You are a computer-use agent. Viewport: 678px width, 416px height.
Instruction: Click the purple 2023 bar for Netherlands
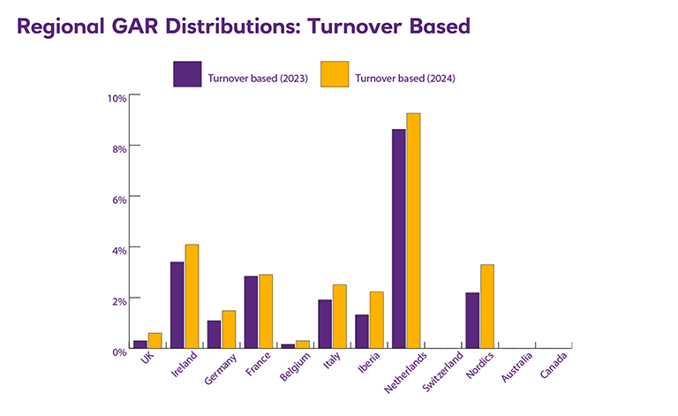399,238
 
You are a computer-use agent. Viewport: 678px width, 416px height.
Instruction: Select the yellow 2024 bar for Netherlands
413,231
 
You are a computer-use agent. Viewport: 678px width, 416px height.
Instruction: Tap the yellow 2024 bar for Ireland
192,296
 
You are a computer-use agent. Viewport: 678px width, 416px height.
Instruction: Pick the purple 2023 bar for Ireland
177,305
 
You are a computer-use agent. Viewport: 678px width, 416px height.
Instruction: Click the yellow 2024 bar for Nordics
487,306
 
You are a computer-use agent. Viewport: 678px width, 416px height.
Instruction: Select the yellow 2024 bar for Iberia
376,320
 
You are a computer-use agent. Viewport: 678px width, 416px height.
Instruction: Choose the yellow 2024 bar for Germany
229,329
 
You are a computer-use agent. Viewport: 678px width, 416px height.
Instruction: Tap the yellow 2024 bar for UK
154,340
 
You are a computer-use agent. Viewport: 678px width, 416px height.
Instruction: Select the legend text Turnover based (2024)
405,79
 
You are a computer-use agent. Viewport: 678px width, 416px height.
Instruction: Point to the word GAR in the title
123,26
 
